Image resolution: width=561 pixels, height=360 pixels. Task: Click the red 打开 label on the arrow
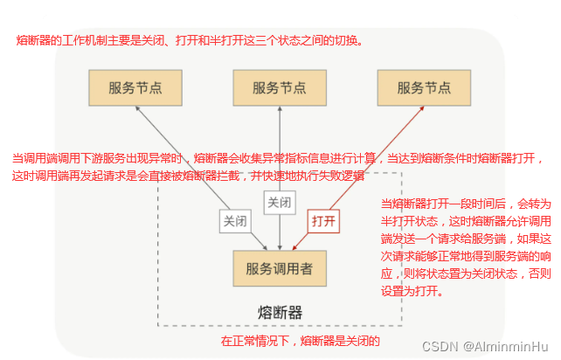click(322, 220)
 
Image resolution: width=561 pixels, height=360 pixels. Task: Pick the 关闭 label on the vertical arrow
click(279, 203)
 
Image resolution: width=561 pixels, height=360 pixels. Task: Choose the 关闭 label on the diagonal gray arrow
click(235, 221)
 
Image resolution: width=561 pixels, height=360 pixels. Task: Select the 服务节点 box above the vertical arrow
click(279, 88)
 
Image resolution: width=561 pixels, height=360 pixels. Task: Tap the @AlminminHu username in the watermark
click(507, 346)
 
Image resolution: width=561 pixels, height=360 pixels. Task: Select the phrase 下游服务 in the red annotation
click(94, 158)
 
